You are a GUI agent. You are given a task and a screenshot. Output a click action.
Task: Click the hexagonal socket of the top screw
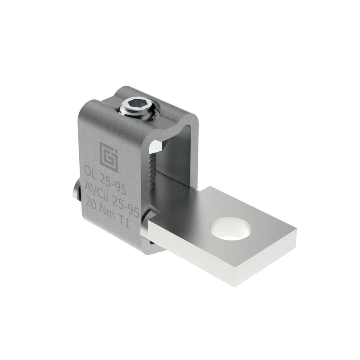tap(140, 106)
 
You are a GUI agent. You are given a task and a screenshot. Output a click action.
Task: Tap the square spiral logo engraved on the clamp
tap(109, 157)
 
